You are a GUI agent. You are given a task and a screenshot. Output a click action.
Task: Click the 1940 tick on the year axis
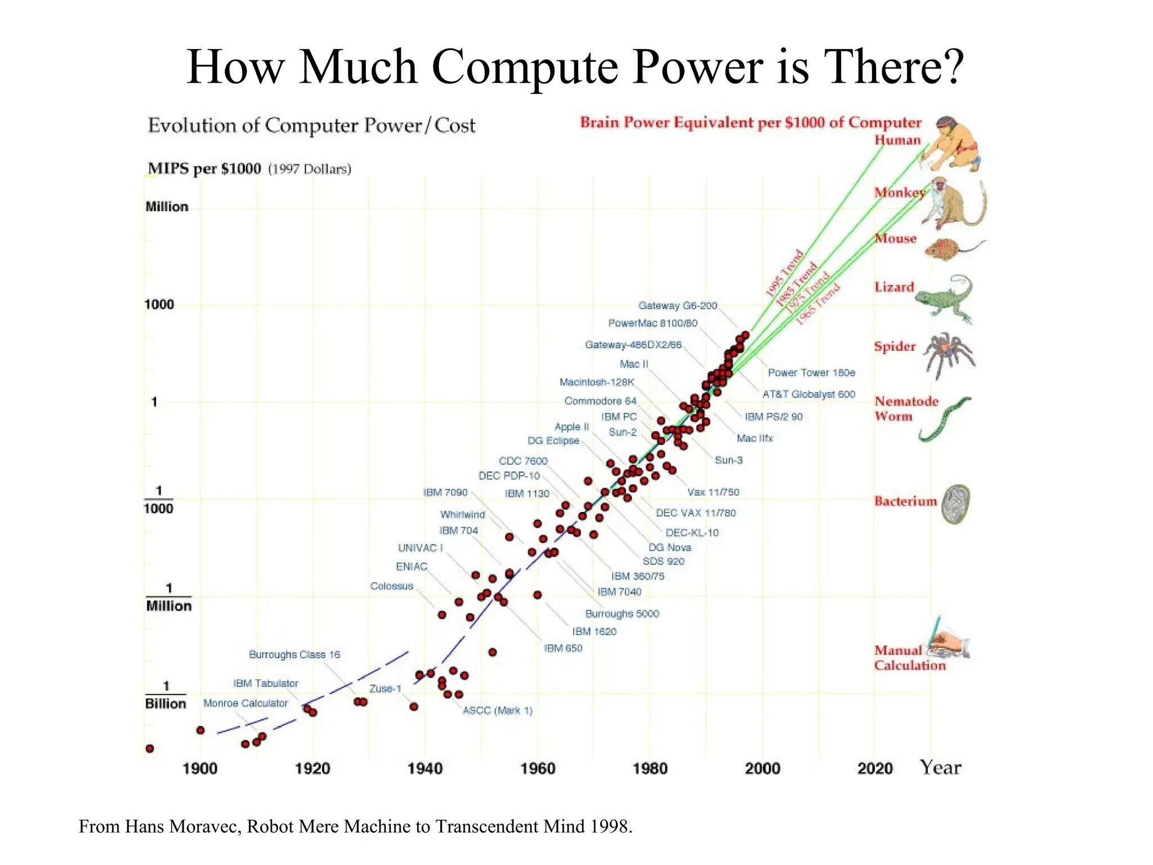(x=425, y=769)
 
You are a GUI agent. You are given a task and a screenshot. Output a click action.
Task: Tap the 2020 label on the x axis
(x=875, y=769)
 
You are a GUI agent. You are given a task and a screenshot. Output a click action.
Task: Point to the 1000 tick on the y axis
(x=159, y=305)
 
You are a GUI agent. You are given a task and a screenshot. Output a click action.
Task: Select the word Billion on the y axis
(x=166, y=704)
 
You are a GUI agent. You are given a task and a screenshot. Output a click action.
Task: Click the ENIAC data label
(x=412, y=567)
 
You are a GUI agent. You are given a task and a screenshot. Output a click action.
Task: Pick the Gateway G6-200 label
(x=677, y=306)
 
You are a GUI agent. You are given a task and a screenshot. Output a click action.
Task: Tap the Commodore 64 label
(x=600, y=401)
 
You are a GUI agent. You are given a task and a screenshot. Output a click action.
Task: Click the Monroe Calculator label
(x=245, y=703)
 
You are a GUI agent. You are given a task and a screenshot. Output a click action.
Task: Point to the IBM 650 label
(x=563, y=648)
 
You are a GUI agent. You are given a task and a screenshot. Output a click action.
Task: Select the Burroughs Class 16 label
(x=294, y=655)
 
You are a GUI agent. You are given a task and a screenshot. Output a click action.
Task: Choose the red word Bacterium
(x=905, y=501)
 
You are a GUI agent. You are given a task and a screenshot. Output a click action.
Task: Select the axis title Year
(x=940, y=768)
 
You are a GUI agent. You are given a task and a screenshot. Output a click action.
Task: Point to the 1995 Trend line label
(x=784, y=273)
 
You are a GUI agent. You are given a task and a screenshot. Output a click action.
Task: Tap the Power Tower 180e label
(x=811, y=373)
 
